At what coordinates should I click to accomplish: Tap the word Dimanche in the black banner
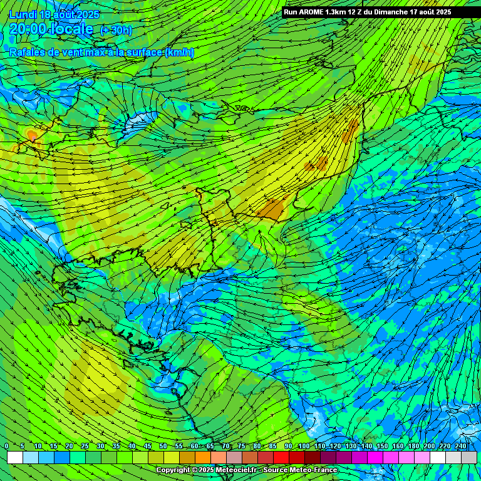click(x=392, y=12)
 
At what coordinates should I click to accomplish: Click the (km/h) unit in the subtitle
click(x=179, y=53)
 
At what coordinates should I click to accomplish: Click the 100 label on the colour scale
click(x=304, y=446)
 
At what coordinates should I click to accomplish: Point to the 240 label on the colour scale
click(x=461, y=446)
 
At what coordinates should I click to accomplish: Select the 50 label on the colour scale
click(x=163, y=446)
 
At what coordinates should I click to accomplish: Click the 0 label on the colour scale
click(x=7, y=446)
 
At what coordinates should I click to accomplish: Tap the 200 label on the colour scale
click(x=430, y=446)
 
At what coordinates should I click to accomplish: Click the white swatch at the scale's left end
click(x=15, y=458)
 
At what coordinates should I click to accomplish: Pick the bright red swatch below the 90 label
click(x=281, y=458)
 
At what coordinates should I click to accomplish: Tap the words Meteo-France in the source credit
click(x=314, y=470)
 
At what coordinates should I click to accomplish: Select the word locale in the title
click(x=72, y=29)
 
